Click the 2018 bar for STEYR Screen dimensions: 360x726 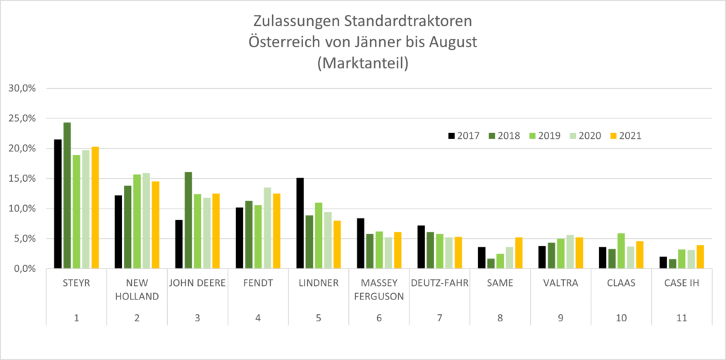67,195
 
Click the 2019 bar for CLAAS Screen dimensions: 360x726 621,251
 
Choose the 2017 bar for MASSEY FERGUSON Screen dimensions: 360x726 361,243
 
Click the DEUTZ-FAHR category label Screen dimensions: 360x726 440,284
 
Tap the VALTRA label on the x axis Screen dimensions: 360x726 560,284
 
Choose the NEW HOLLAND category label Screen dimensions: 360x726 137,290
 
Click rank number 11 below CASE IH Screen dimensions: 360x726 682,318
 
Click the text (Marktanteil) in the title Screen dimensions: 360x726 363,63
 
